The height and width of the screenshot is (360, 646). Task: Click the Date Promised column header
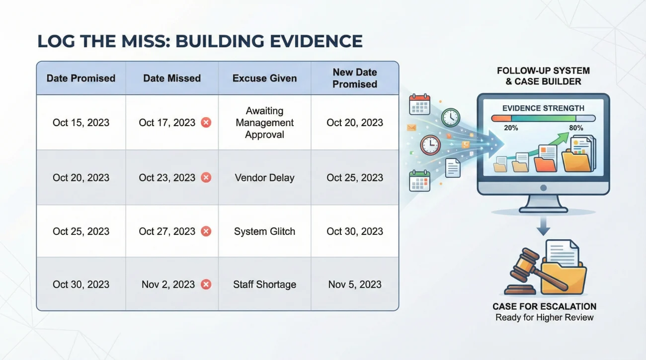(81, 78)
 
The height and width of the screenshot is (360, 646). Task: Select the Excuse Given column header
(264, 78)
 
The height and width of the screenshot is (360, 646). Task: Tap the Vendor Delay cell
(264, 178)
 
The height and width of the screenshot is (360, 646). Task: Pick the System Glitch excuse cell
(264, 231)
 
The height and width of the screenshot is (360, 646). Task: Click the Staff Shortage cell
(264, 285)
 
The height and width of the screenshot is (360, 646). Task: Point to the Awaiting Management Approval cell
(264, 123)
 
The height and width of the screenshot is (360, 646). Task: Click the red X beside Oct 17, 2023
(206, 123)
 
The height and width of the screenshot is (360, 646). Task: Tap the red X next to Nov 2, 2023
(206, 285)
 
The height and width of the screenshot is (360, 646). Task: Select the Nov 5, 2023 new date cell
(355, 285)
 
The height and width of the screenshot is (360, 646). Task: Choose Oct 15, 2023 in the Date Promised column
(81, 123)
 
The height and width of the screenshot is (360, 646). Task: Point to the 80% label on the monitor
(576, 128)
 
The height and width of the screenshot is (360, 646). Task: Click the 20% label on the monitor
(510, 128)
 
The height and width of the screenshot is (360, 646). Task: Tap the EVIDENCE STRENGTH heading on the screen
(543, 108)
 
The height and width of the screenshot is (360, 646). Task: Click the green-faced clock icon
(450, 117)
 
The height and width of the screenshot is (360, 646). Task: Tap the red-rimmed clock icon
(430, 145)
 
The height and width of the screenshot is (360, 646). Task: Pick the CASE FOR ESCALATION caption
(545, 306)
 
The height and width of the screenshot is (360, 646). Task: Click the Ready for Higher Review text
(545, 318)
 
